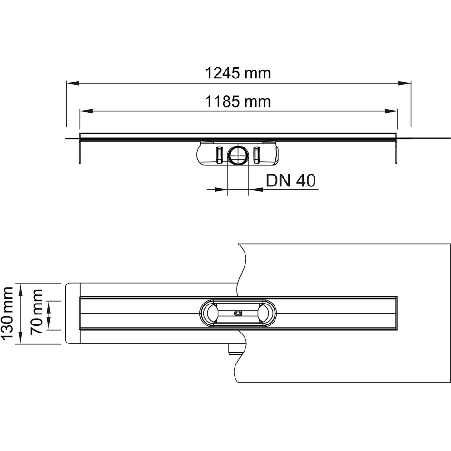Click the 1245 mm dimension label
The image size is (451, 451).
238,73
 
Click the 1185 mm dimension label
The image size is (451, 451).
238,101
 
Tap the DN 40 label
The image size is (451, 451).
291,181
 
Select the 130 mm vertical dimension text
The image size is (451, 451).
7,313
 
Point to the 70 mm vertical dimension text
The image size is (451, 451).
37,312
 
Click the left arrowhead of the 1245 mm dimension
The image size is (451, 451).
73,83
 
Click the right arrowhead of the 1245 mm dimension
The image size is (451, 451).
404,83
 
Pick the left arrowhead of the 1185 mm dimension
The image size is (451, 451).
86,111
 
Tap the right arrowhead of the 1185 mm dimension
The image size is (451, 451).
391,111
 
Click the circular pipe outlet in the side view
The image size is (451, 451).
238,155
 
